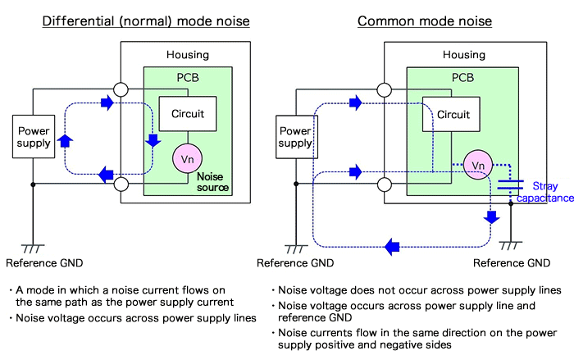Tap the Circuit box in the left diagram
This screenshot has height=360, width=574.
[188, 114]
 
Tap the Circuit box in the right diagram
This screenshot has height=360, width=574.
[453, 115]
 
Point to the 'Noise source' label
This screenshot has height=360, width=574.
[212, 182]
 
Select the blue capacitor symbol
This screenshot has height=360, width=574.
[510, 183]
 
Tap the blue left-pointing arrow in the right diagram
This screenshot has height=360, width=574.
[393, 245]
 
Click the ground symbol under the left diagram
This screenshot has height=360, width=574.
[33, 247]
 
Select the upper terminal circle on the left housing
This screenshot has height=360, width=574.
[121, 89]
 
